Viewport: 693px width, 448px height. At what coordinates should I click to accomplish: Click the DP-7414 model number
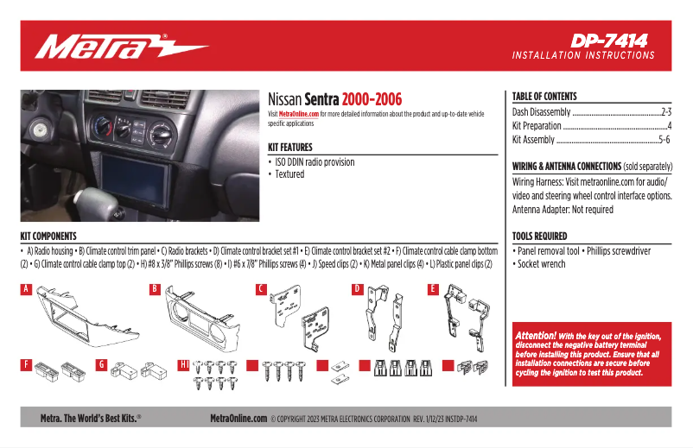[608, 40]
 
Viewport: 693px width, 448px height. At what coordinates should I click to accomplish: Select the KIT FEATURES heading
[290, 148]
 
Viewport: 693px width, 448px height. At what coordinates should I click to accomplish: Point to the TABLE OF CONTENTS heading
[544, 97]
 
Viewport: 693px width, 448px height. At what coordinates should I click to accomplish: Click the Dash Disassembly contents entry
[542, 112]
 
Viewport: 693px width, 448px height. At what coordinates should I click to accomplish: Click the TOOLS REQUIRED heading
[540, 236]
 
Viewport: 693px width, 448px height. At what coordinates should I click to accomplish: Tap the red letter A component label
[26, 290]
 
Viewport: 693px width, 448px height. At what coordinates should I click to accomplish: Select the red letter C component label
[261, 290]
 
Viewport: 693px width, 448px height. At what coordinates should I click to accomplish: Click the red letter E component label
[433, 290]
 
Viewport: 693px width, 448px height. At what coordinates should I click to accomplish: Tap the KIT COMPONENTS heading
[48, 236]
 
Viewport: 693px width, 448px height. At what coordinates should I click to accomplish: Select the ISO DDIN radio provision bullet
[315, 162]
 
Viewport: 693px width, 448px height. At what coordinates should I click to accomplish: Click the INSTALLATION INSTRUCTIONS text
[583, 55]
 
